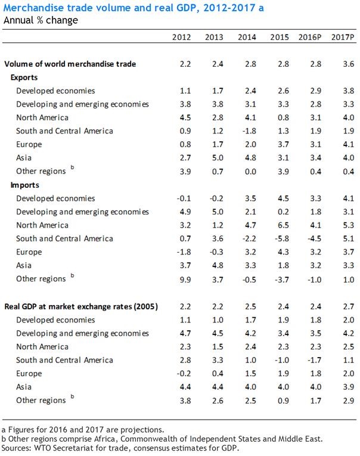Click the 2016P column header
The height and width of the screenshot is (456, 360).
pos(310,37)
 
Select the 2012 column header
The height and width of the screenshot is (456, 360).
pos(181,37)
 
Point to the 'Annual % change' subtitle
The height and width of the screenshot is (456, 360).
pos(41,20)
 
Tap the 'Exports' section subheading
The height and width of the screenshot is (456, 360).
pos(24,77)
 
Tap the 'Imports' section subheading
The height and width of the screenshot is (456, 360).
pos(24,185)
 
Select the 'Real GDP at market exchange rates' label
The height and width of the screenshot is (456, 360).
pos(80,306)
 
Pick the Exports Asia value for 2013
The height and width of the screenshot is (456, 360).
pos(214,158)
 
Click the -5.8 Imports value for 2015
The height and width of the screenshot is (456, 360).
pos(278,238)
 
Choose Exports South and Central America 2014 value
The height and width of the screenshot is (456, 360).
pos(246,131)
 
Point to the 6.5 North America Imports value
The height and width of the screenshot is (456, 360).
pos(279,225)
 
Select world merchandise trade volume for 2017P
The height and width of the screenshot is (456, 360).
pos(344,64)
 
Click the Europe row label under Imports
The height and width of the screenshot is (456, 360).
pos(29,252)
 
